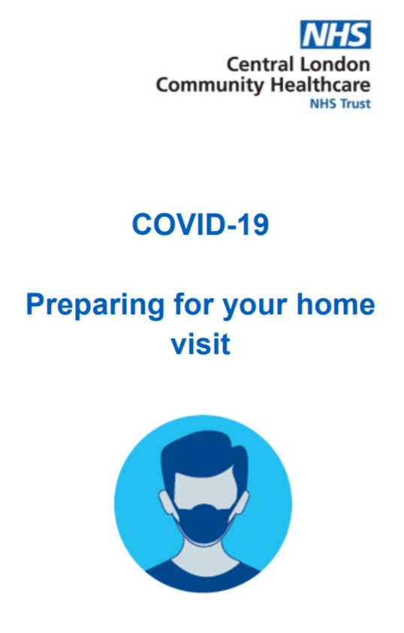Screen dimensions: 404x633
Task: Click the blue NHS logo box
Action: pyautogui.click(x=336, y=34)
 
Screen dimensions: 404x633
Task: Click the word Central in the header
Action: pyautogui.click(x=260, y=64)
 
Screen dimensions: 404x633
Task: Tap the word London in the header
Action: pyautogui.click(x=335, y=64)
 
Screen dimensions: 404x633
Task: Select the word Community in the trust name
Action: pyautogui.click(x=210, y=86)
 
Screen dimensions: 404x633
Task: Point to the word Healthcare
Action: pyautogui.click(x=321, y=85)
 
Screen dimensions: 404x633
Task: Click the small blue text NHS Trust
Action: pyautogui.click(x=340, y=103)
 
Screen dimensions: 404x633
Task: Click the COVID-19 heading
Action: pyautogui.click(x=200, y=224)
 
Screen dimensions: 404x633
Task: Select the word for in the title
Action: pyautogui.click(x=191, y=304)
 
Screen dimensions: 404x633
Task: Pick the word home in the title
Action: pyautogui.click(x=336, y=304)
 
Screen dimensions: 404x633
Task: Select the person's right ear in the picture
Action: pyautogui.click(x=242, y=503)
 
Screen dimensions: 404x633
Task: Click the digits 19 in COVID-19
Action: pyautogui.click(x=253, y=224)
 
